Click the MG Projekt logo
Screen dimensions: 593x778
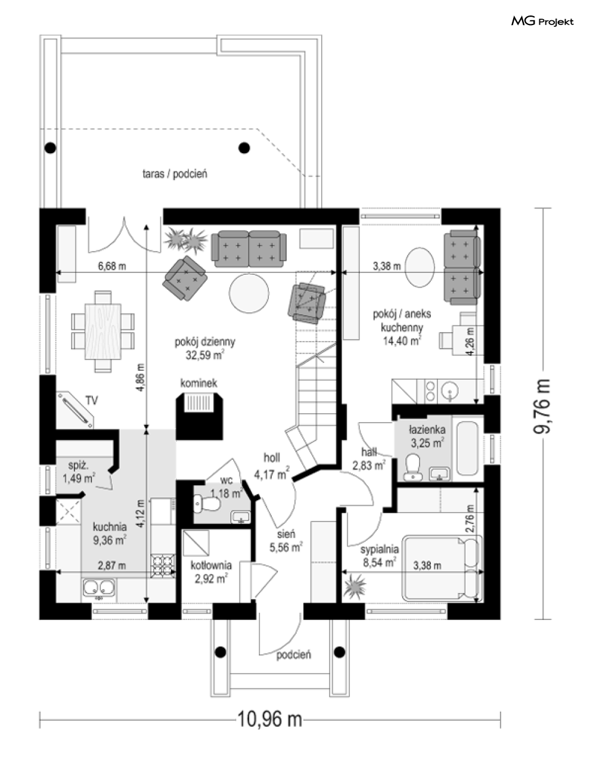point(542,22)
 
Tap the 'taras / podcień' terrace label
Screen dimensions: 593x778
point(175,174)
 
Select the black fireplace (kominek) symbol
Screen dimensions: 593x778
point(200,416)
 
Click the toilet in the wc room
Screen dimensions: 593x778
point(207,504)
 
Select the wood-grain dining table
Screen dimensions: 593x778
point(103,331)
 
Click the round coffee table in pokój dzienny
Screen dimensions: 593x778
point(249,293)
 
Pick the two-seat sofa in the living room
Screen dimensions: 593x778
point(249,249)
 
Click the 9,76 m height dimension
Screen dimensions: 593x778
point(542,406)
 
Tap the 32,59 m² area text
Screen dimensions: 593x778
point(205,355)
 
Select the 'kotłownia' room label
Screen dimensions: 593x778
point(211,565)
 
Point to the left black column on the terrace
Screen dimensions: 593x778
point(50,147)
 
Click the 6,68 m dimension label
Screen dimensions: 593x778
point(111,266)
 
